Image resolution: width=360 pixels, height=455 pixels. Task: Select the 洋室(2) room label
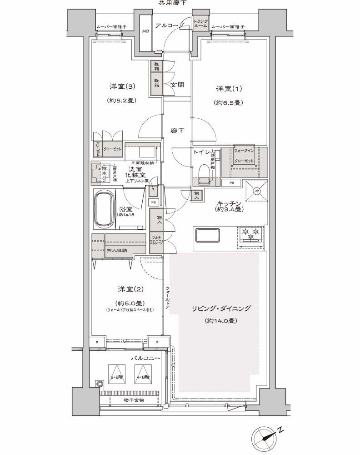click(124, 289)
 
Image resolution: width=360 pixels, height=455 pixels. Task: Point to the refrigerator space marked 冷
click(255, 191)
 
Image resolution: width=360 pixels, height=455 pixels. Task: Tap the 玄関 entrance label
click(177, 85)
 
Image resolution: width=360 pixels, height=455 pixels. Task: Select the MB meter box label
click(145, 32)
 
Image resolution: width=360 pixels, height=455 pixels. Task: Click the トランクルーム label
click(200, 24)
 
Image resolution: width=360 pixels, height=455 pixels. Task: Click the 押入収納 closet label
click(116, 250)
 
